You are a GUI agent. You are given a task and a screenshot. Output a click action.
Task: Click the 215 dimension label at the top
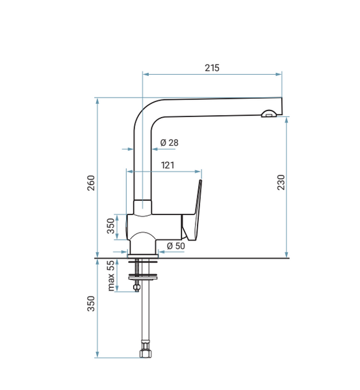click(x=212, y=68)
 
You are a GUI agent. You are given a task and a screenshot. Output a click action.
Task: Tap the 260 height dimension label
click(x=91, y=183)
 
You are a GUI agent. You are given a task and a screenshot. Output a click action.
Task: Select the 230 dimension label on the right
click(x=281, y=182)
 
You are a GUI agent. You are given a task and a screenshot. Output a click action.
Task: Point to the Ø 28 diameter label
click(x=170, y=142)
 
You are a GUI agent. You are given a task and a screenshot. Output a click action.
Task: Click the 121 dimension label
click(x=168, y=165)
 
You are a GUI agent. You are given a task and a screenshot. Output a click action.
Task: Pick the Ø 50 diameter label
click(x=176, y=246)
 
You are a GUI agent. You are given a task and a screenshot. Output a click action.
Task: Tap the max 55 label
click(x=111, y=276)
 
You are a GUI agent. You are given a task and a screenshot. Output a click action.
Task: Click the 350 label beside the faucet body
click(x=110, y=226)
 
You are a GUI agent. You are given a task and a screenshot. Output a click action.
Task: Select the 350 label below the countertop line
click(x=91, y=304)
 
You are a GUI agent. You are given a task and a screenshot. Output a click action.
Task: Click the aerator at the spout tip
click(x=268, y=114)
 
